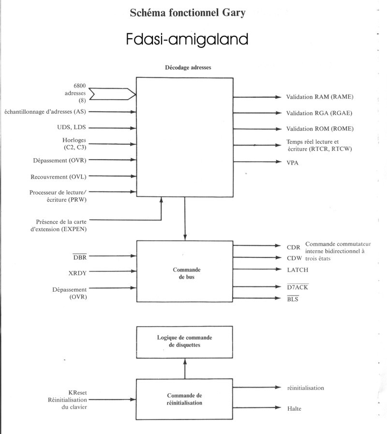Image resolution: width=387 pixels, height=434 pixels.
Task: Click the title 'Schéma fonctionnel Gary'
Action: (x=187, y=14)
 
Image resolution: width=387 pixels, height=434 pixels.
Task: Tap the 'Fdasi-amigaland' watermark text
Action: (x=187, y=40)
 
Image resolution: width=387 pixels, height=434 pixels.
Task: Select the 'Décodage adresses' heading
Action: (x=185, y=68)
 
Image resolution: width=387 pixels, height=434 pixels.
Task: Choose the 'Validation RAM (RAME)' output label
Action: (x=320, y=97)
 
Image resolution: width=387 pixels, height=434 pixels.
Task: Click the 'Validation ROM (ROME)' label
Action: (x=320, y=129)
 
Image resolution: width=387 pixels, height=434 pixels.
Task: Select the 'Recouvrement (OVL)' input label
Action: (x=60, y=176)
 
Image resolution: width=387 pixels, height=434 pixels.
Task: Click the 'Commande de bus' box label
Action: (x=185, y=272)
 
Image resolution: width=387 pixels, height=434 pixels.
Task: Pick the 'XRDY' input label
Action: (x=78, y=273)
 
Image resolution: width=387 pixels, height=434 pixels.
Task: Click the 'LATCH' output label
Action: (x=298, y=269)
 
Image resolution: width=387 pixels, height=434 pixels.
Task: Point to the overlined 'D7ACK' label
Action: (x=298, y=287)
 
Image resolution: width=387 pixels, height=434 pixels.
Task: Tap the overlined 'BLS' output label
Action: (x=293, y=300)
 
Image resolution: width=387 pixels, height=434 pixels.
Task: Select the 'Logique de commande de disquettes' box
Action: (x=185, y=341)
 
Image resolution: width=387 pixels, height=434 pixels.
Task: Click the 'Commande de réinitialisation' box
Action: (x=185, y=398)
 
